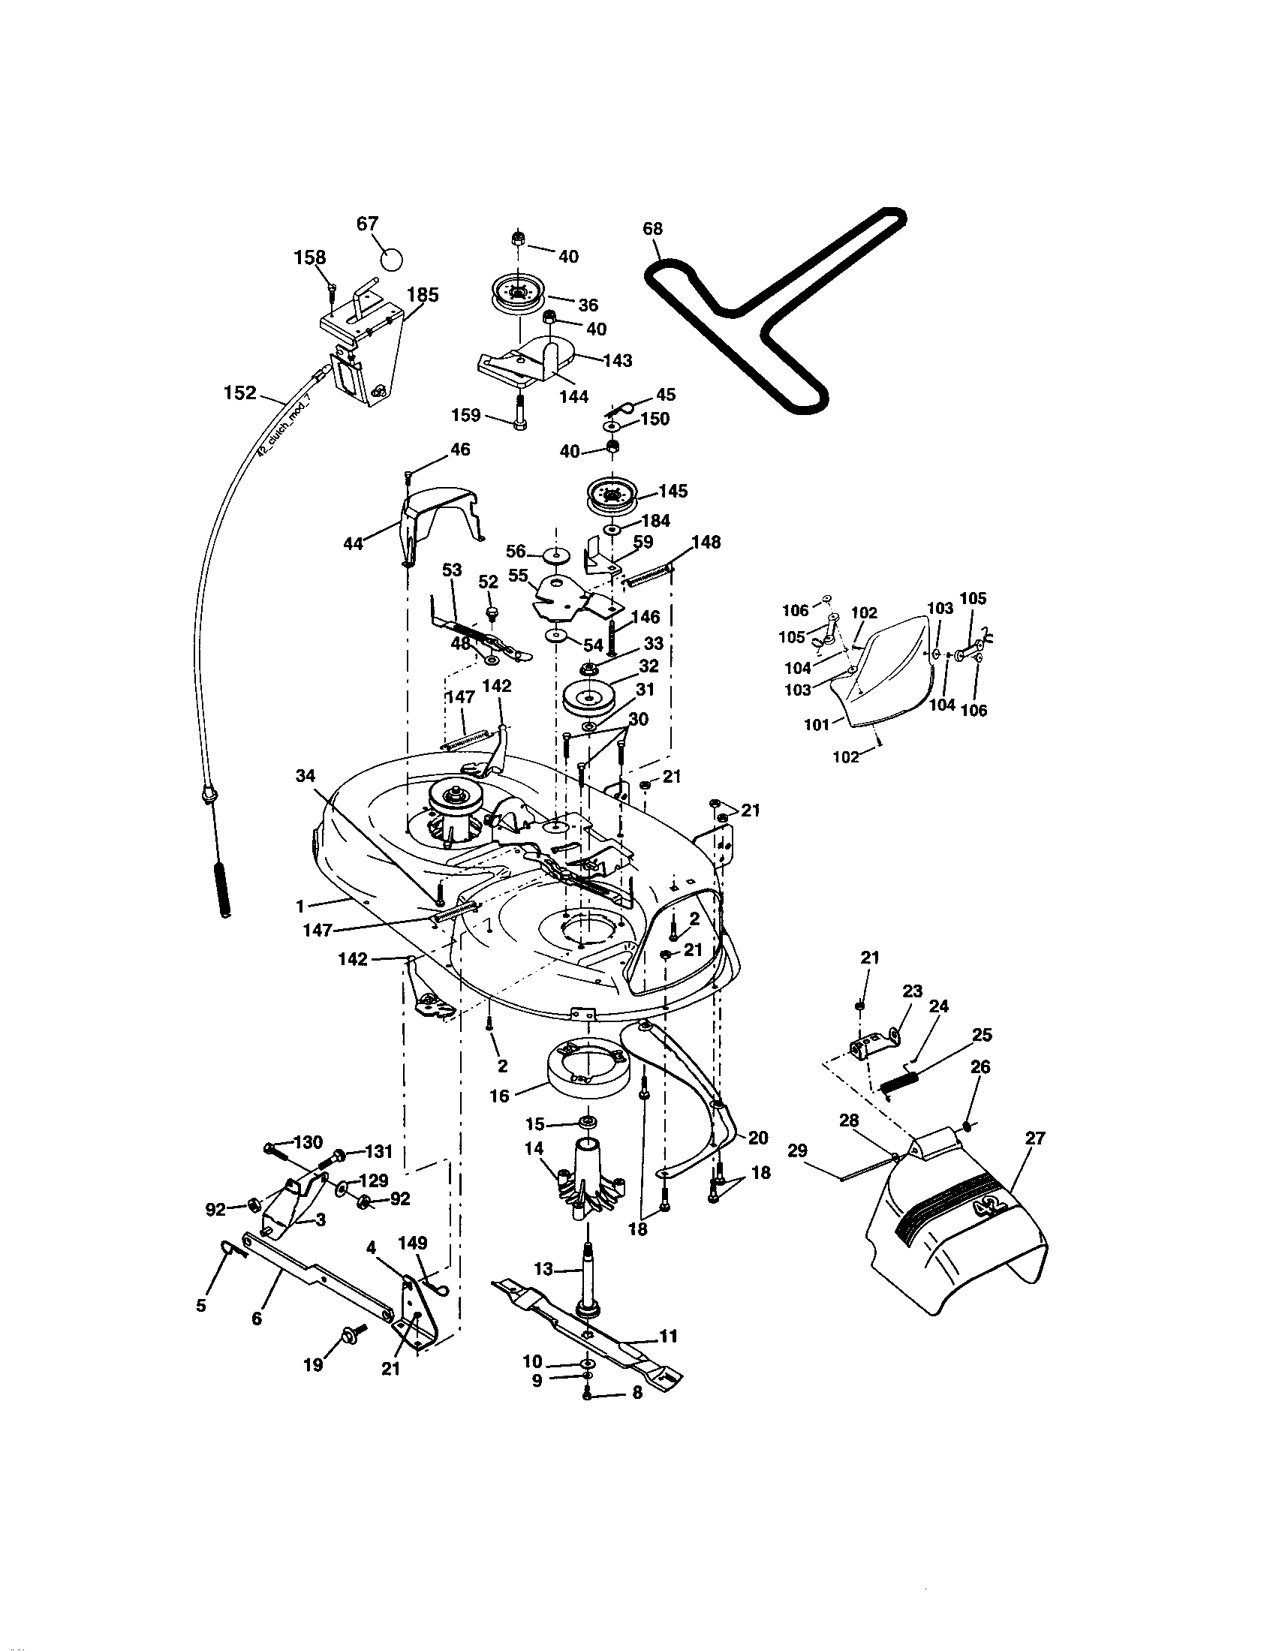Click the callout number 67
pos(367,224)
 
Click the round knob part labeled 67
pos(391,260)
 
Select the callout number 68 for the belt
pos(652,228)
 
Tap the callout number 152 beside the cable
pos(240,392)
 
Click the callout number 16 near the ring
pos(499,1096)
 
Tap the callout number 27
pos(1034,1138)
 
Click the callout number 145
pos(672,491)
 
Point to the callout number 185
pos(423,294)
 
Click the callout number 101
pos(817,725)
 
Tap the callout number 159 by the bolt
pos(465,415)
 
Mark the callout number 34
pos(306,776)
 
